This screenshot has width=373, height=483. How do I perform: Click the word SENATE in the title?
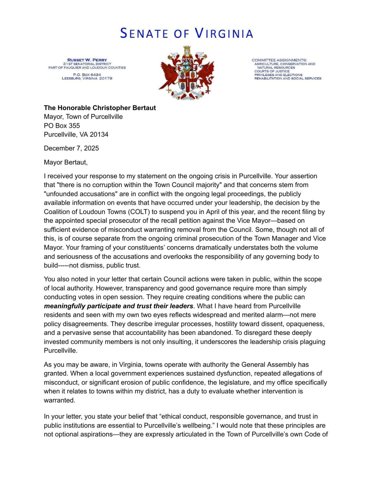[x=144, y=33]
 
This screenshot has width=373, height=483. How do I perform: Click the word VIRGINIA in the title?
[x=224, y=33]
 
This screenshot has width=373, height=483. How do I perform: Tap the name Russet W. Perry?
[x=87, y=60]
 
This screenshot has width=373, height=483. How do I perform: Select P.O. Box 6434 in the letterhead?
[x=87, y=75]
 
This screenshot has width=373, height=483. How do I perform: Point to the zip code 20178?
[x=106, y=78]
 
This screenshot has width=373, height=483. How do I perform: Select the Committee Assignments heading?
[x=279, y=60]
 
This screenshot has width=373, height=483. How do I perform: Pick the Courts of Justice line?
[x=272, y=71]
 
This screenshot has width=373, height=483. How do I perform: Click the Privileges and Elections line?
[x=278, y=75]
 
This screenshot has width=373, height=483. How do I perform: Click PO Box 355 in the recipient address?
[x=62, y=126]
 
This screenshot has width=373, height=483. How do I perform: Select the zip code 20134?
[x=99, y=135]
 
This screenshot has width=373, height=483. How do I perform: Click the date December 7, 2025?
[x=71, y=148]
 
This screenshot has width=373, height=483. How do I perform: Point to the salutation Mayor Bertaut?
[x=65, y=162]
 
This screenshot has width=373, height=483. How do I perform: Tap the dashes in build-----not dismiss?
[x=63, y=265]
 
